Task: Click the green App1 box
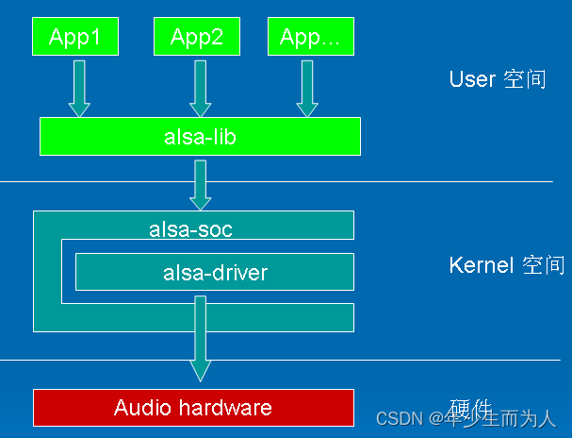click(x=74, y=37)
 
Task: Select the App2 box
click(x=196, y=37)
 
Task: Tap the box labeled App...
click(x=310, y=37)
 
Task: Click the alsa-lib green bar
click(x=200, y=137)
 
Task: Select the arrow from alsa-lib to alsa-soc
click(x=200, y=184)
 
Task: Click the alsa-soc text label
click(x=190, y=228)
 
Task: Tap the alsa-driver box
click(x=215, y=273)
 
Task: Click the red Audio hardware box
click(x=193, y=408)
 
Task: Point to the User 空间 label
click(x=497, y=79)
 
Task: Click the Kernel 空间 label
click(x=507, y=266)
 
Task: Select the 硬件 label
click(x=471, y=407)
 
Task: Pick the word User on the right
click(x=472, y=79)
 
